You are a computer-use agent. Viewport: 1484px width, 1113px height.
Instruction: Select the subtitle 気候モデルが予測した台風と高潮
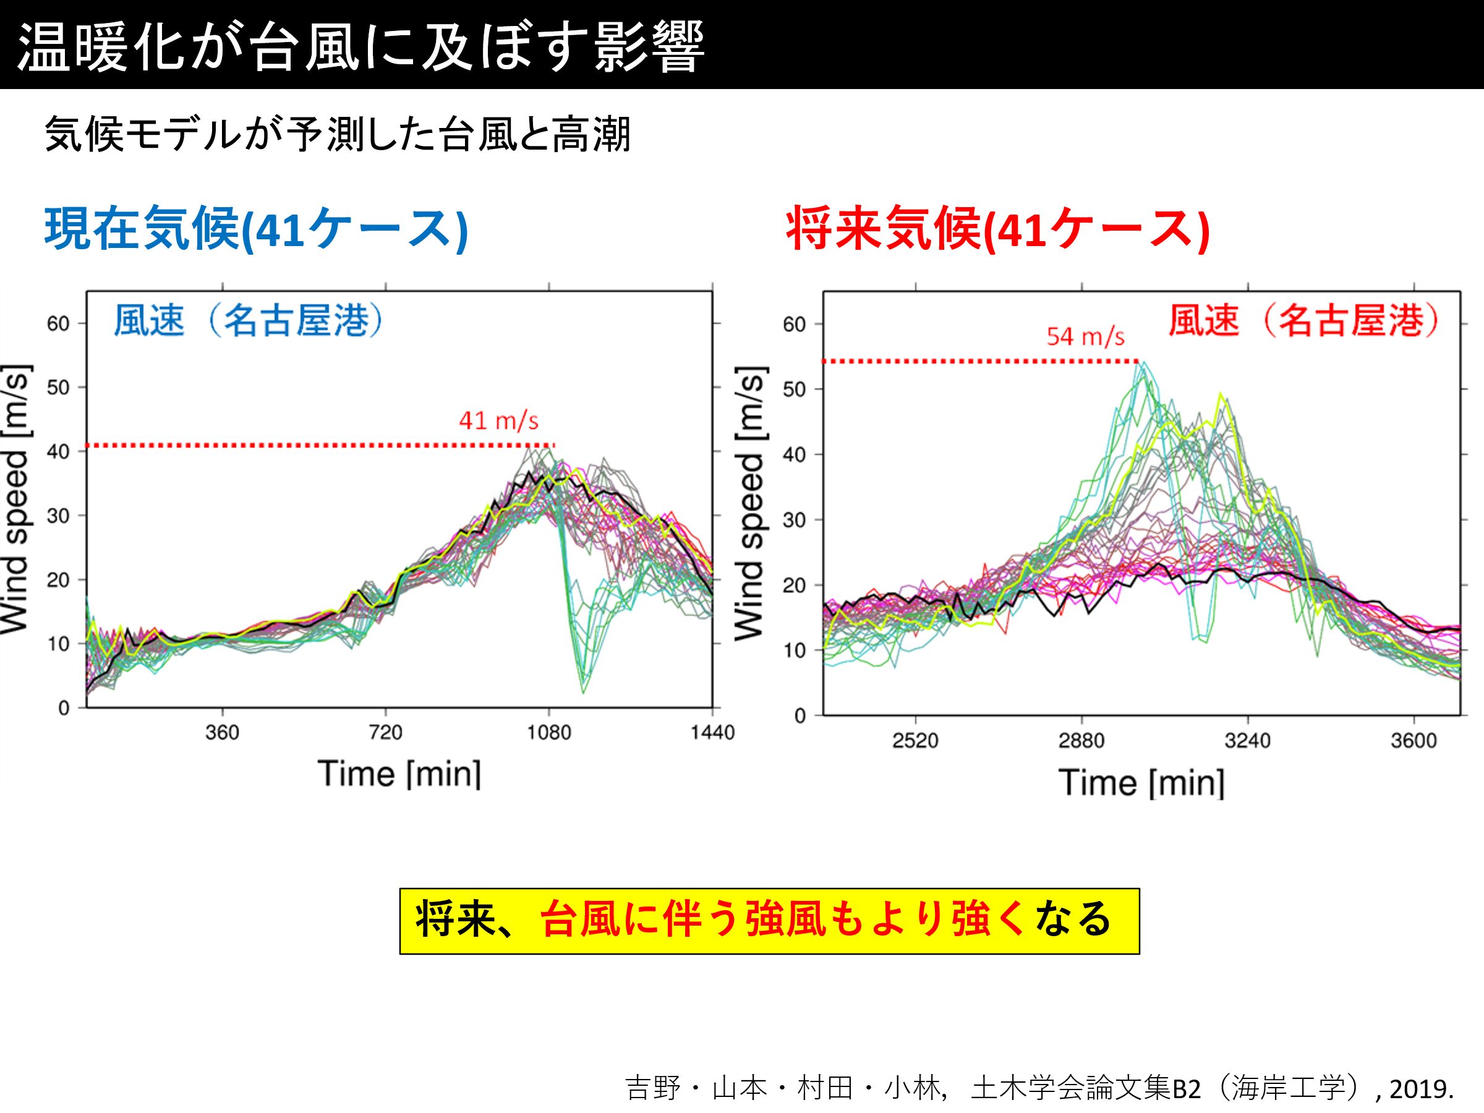click(337, 135)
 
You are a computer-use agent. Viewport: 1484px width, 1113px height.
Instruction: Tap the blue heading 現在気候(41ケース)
click(255, 230)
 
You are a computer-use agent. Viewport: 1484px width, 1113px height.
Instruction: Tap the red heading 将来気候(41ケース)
click(997, 230)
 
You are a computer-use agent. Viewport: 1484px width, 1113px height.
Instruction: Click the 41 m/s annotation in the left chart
click(498, 420)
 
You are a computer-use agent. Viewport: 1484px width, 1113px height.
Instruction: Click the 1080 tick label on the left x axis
click(549, 732)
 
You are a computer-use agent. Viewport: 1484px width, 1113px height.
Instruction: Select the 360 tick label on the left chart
click(222, 732)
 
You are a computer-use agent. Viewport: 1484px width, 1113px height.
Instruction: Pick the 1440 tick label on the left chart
click(712, 732)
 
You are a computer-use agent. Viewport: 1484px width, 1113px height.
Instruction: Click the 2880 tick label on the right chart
click(1081, 741)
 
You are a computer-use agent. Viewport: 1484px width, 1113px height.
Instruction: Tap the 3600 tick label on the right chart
click(1413, 741)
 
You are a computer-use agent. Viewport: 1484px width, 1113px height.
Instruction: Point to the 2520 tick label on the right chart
click(915, 741)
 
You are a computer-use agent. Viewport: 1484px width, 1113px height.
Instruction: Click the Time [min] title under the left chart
click(399, 774)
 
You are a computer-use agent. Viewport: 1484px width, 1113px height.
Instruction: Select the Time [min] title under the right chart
click(1141, 783)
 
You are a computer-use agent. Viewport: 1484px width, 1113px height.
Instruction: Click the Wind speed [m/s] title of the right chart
click(750, 503)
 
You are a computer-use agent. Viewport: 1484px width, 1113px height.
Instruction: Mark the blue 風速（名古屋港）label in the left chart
click(248, 320)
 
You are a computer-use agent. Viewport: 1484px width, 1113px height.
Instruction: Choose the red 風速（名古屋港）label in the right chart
click(1303, 320)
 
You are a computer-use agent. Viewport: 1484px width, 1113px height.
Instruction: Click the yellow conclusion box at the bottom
click(769, 921)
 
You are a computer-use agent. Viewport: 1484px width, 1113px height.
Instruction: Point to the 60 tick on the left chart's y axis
click(58, 324)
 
